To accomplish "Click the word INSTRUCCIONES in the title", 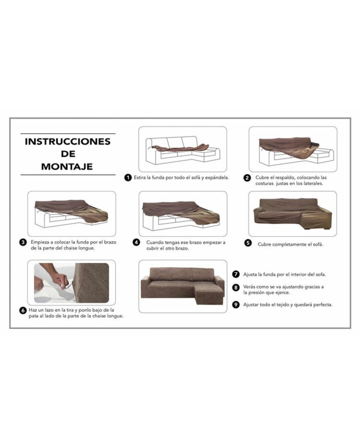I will click(67, 141).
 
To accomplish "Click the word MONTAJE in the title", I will click(67, 166).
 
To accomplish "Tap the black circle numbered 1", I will click(128, 178).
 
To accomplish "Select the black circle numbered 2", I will click(247, 178).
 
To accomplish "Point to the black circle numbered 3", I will click(23, 242).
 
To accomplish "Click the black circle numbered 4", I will click(136, 242).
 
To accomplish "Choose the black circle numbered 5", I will click(248, 243).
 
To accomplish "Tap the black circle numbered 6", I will click(23, 310).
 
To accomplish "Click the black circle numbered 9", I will click(236, 304).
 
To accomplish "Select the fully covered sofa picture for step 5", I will click(293, 212).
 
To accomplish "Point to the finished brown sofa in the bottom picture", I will click(183, 286).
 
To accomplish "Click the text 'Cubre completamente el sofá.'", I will click(291, 244).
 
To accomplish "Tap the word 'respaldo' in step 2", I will click(285, 177).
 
